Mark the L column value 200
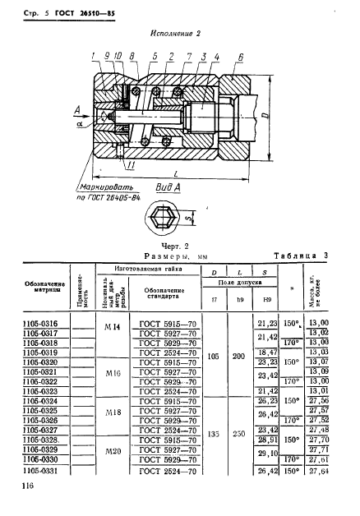click(x=238, y=357)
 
